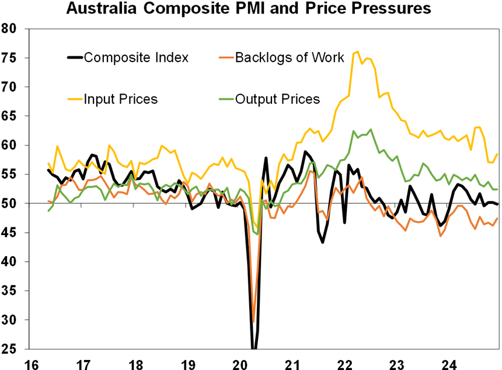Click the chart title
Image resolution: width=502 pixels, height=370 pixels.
pos(248,9)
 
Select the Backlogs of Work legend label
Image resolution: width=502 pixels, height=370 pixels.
pos(289,57)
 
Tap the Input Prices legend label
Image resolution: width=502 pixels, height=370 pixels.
pos(121,99)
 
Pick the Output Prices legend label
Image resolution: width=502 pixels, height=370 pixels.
pos(277,99)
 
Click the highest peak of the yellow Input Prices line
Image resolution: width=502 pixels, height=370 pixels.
pos(357,51)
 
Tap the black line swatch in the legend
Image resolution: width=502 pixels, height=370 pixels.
pos(75,57)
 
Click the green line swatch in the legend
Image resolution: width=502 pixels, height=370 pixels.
pos(227,99)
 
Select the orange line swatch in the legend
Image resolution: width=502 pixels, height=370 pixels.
pos(227,57)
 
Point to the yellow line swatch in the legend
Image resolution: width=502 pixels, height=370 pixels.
pos(75,99)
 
